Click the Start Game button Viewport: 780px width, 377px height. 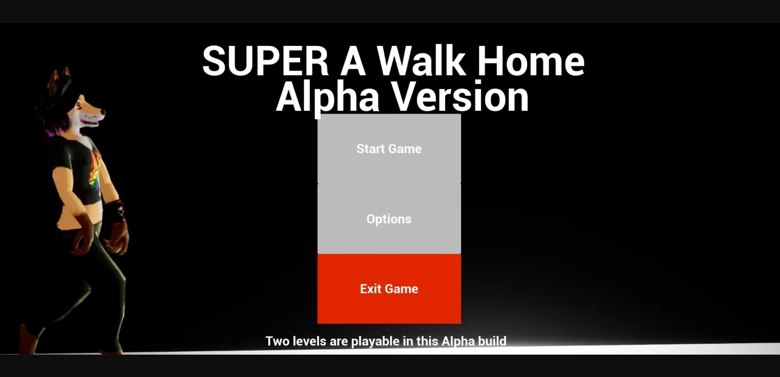pyautogui.click(x=389, y=149)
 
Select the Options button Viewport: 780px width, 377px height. pyautogui.click(x=389, y=219)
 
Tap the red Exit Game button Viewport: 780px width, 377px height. pyautogui.click(x=389, y=289)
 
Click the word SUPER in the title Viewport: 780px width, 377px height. pyautogui.click(x=265, y=61)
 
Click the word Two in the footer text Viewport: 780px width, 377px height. pyautogui.click(x=278, y=341)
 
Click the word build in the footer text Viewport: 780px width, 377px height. pyautogui.click(x=492, y=341)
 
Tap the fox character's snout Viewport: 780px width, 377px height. pyautogui.click(x=97, y=115)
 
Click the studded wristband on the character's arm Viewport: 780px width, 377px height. pyautogui.click(x=117, y=211)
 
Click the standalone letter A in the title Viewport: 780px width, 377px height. pyautogui.click(x=353, y=61)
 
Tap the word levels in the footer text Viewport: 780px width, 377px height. pyautogui.click(x=310, y=341)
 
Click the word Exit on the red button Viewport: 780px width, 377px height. pyautogui.click(x=370, y=289)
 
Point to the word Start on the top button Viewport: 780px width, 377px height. pyautogui.click(x=370, y=149)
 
